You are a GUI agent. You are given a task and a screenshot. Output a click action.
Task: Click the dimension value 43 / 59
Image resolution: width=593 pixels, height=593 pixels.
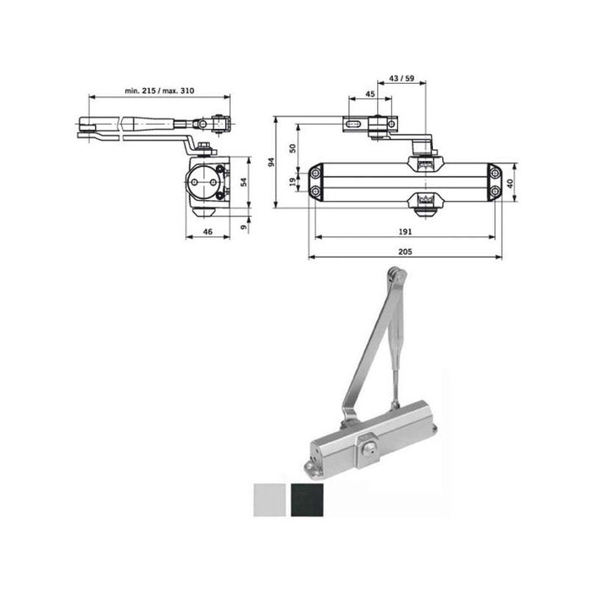(x=402, y=78)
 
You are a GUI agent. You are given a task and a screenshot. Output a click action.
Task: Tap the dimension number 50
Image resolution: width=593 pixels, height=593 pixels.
(x=292, y=147)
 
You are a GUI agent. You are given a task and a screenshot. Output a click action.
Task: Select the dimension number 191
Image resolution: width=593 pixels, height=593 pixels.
(x=405, y=231)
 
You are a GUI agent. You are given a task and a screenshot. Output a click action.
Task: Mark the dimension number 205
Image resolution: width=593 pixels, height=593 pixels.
(x=405, y=251)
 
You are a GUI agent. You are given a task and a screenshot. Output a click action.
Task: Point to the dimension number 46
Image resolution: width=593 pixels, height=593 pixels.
(x=208, y=231)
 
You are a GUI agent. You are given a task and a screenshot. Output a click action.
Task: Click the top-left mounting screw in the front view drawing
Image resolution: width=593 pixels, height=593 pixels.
(x=316, y=173)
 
